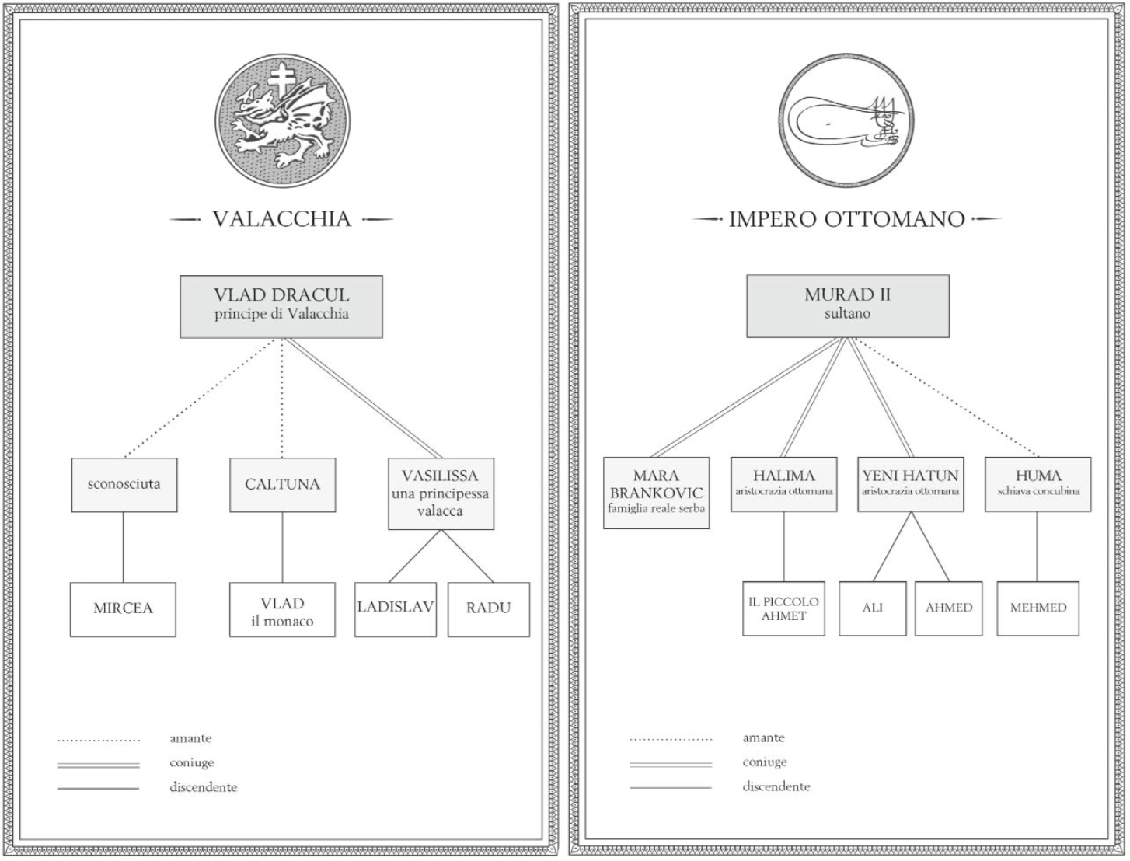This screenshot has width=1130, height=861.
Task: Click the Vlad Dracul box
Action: click(x=281, y=306)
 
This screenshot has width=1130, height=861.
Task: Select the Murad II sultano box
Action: click(x=847, y=305)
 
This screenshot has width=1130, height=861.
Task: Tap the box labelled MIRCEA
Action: click(x=123, y=609)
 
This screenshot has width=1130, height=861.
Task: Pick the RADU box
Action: click(x=488, y=609)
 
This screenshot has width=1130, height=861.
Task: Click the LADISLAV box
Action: click(x=395, y=609)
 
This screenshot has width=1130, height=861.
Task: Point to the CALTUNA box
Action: click(x=282, y=485)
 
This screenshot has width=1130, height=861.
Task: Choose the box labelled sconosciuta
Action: click(x=124, y=485)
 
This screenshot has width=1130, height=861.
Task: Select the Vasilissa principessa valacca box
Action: click(x=441, y=493)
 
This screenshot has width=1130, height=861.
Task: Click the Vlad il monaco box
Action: click(x=282, y=610)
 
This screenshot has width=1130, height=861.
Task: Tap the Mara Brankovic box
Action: click(x=656, y=493)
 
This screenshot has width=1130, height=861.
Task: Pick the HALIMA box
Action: click(x=783, y=484)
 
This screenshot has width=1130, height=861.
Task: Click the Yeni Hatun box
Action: click(x=910, y=484)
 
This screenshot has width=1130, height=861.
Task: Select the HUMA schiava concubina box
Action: click(x=1038, y=484)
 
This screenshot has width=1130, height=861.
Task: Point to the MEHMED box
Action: click(x=1038, y=608)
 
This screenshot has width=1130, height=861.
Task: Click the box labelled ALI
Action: click(x=872, y=608)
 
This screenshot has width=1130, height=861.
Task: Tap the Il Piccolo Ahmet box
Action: click(x=783, y=608)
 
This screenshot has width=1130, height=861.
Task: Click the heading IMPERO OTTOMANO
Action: click(x=846, y=220)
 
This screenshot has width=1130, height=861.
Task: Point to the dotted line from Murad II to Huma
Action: click(x=948, y=399)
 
